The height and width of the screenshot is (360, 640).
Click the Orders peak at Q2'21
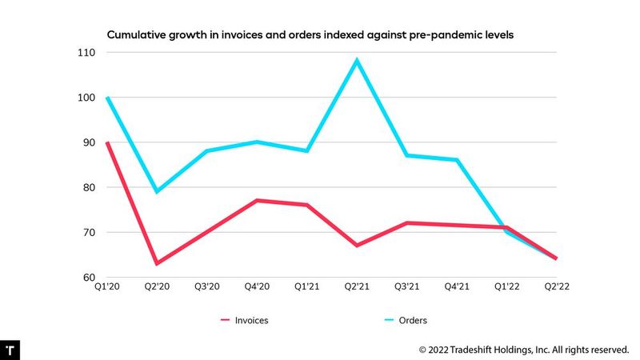tap(357, 60)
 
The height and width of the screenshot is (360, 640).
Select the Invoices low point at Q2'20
tap(157, 263)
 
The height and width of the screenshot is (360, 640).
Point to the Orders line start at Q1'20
tap(107, 98)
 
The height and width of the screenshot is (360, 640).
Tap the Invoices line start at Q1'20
tap(107, 142)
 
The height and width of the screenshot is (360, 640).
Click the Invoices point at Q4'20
tap(257, 200)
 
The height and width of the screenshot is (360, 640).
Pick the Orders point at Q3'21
tap(407, 155)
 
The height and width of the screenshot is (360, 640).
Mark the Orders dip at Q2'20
tap(157, 192)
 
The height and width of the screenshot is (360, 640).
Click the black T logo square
tap(10, 350)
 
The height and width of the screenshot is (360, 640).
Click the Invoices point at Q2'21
tap(357, 246)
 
